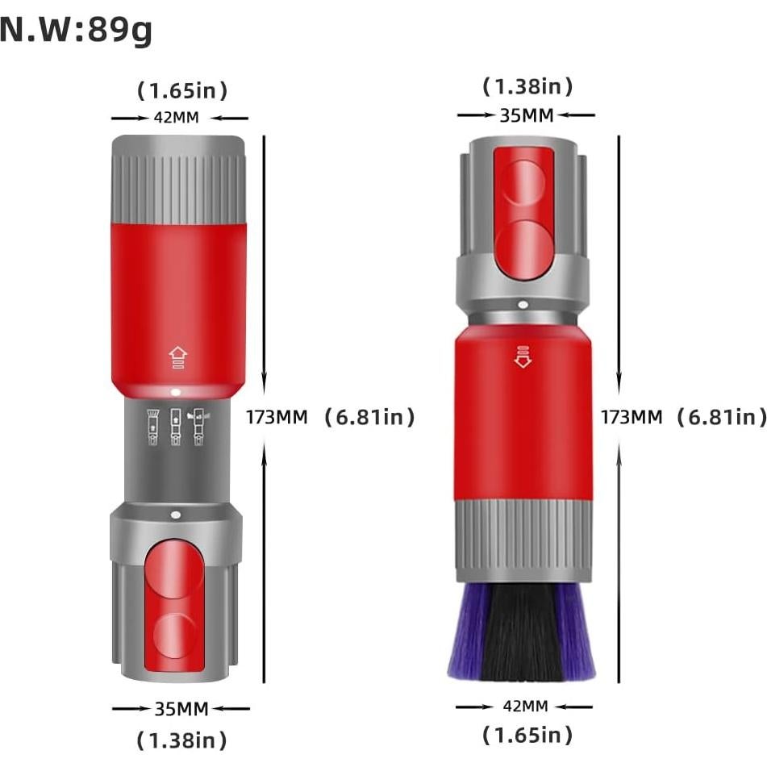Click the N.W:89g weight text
click(77, 31)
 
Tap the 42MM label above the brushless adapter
click(177, 118)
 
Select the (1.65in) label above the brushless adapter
click(181, 90)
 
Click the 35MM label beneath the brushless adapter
click(181, 709)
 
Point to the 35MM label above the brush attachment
click(527, 115)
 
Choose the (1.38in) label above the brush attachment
click(527, 86)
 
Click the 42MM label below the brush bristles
click(525, 707)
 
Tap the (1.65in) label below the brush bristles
click(527, 735)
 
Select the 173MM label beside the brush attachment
click(632, 417)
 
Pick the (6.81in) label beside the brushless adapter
click(369, 417)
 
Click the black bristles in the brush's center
click(524, 633)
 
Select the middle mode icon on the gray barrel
click(175, 428)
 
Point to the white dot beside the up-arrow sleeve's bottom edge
click(175, 393)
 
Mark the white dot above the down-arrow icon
click(523, 306)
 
